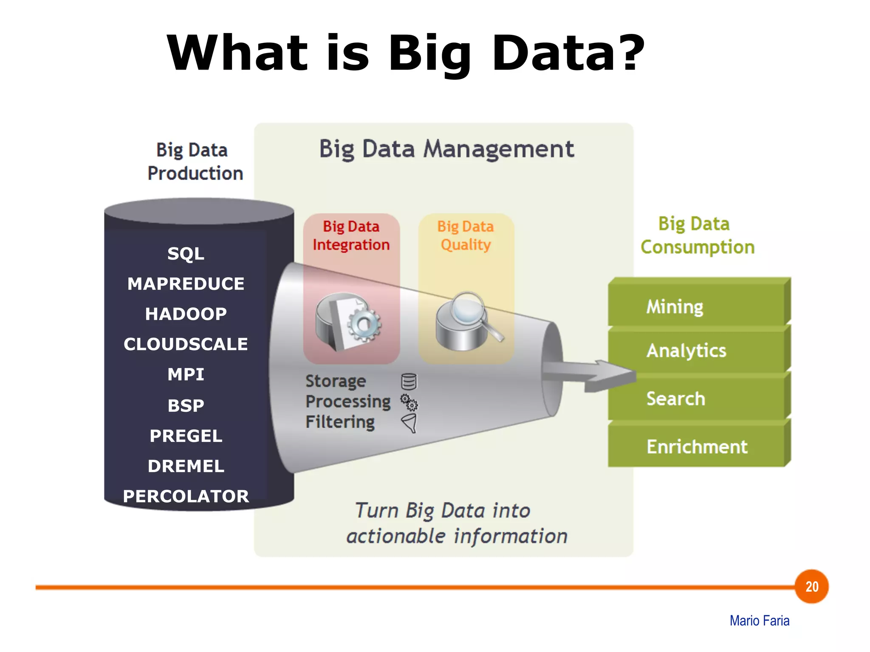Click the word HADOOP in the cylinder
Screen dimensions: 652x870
(x=186, y=314)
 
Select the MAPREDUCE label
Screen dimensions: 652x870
(x=186, y=284)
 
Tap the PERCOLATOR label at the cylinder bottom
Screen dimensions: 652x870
(x=186, y=496)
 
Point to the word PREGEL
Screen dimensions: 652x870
(x=186, y=436)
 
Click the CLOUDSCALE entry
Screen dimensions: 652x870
(x=186, y=344)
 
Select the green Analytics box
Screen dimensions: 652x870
(x=697, y=351)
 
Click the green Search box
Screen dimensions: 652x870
(x=697, y=399)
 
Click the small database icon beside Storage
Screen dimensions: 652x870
(x=409, y=382)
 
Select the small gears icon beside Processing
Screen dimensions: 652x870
(x=410, y=402)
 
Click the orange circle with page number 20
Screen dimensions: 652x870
(x=811, y=587)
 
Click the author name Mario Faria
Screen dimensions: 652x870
(x=759, y=621)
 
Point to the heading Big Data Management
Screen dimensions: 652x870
(x=446, y=149)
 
